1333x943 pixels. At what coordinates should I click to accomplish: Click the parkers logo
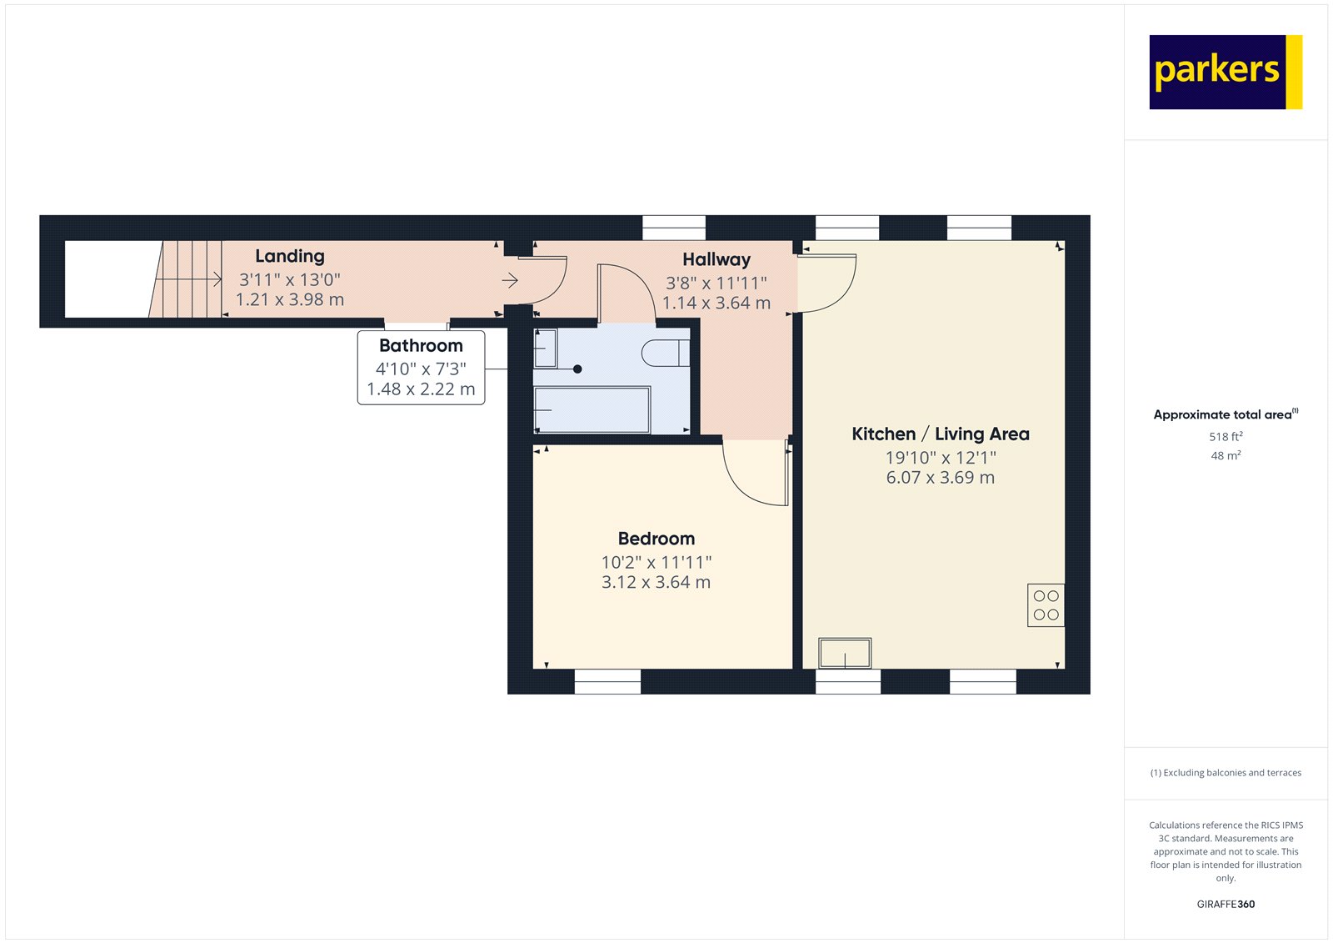click(x=1225, y=72)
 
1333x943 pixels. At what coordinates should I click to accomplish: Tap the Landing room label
click(x=290, y=256)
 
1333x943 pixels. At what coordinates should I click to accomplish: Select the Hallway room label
click(x=716, y=259)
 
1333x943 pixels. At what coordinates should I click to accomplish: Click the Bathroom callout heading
click(x=421, y=345)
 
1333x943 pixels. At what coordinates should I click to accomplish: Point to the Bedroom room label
click(x=657, y=539)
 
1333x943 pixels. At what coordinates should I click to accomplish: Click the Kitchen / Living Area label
click(x=940, y=434)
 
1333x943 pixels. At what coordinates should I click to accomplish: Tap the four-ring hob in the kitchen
click(x=1046, y=605)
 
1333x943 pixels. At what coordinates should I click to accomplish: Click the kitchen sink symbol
click(x=845, y=653)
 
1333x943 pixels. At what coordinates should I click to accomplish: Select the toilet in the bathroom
click(x=665, y=353)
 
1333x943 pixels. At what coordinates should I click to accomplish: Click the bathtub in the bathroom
click(x=592, y=409)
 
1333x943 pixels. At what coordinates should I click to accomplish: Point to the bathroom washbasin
click(x=545, y=348)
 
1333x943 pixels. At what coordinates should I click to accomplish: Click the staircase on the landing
click(x=187, y=279)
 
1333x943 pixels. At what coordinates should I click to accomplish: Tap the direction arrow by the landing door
click(x=510, y=281)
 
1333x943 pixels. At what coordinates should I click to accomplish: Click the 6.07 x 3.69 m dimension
click(x=940, y=478)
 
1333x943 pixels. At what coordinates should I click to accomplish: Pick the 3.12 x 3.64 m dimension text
click(x=657, y=583)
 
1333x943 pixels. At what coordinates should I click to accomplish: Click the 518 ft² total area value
click(x=1226, y=436)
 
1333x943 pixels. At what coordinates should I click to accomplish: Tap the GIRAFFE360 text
click(x=1226, y=904)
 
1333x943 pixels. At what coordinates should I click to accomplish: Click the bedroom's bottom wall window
click(x=607, y=682)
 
